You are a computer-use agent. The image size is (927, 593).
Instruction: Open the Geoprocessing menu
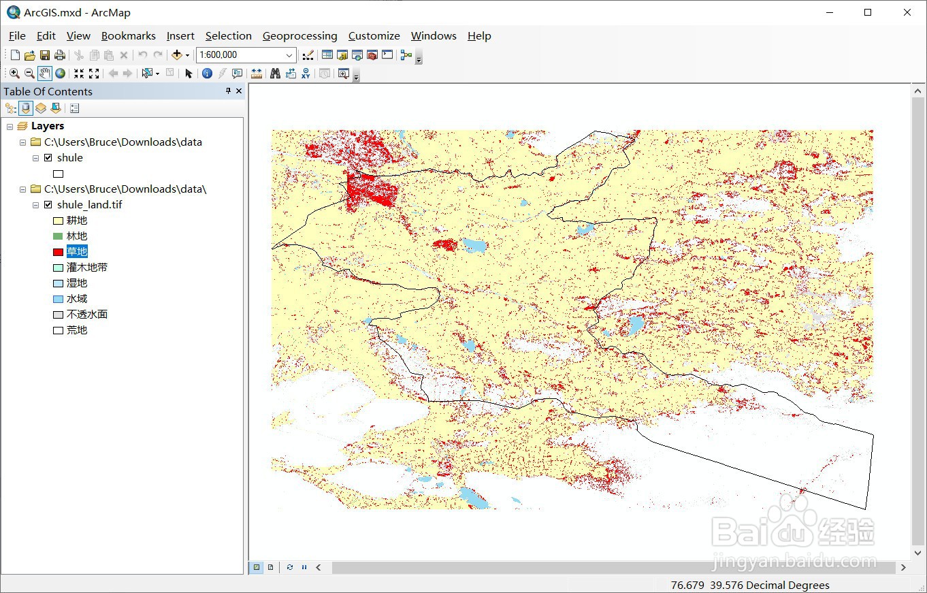click(x=299, y=36)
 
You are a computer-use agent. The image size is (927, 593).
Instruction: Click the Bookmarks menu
click(x=128, y=36)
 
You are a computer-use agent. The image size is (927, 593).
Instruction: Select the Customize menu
click(x=374, y=36)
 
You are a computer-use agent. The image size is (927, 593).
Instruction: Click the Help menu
click(x=479, y=36)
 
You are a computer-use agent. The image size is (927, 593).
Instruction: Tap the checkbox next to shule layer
click(x=48, y=158)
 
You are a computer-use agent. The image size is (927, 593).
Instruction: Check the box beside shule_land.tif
click(x=48, y=205)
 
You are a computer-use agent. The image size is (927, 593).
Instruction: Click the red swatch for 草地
click(x=58, y=252)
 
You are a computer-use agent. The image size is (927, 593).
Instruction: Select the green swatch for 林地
click(x=58, y=236)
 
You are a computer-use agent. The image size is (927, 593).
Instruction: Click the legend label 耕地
click(x=77, y=221)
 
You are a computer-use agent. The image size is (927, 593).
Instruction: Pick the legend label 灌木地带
click(x=87, y=268)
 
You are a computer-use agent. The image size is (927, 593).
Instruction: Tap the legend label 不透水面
click(x=87, y=315)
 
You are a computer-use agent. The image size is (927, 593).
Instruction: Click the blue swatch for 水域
click(x=58, y=299)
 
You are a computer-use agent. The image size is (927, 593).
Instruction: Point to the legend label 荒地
click(x=77, y=330)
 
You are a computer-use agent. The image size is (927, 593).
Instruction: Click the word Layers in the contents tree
click(x=48, y=126)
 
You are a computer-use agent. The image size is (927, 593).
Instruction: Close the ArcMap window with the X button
click(x=907, y=12)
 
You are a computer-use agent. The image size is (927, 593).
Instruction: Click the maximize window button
click(x=868, y=12)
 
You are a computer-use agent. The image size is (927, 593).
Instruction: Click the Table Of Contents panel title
click(x=48, y=92)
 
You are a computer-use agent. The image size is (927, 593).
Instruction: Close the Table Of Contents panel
click(x=239, y=91)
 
